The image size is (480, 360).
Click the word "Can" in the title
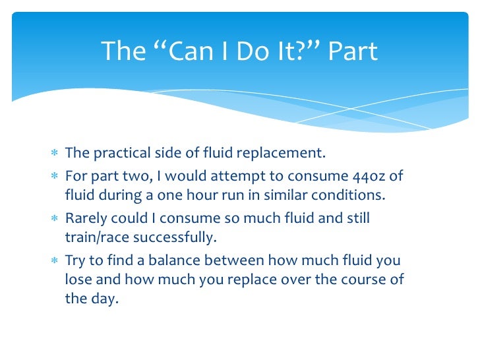click(x=182, y=51)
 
